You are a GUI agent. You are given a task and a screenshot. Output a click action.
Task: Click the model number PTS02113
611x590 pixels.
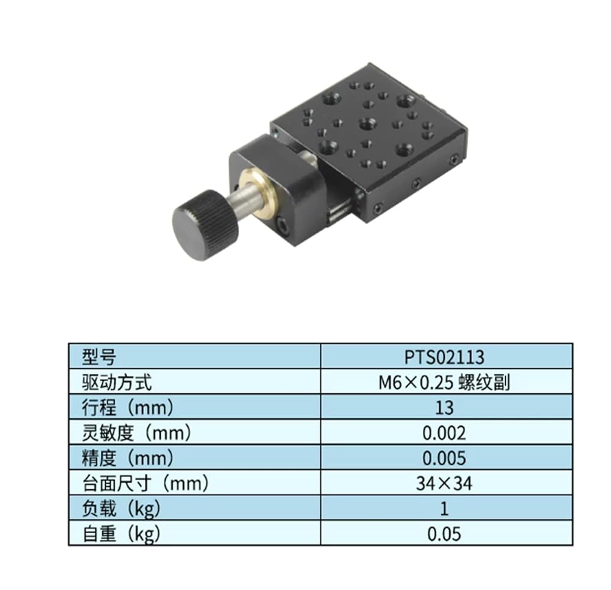pos(444,357)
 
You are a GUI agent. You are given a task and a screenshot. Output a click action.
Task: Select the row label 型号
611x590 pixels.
pos(99,357)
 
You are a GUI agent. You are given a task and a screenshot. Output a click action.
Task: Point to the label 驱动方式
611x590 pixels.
pos(117,382)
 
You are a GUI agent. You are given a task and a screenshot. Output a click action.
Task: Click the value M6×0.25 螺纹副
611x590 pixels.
pos(444,382)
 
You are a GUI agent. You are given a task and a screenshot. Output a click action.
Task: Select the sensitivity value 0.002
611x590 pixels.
pos(444,433)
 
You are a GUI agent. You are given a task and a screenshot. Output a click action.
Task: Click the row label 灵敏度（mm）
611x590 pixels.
pos(137,433)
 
